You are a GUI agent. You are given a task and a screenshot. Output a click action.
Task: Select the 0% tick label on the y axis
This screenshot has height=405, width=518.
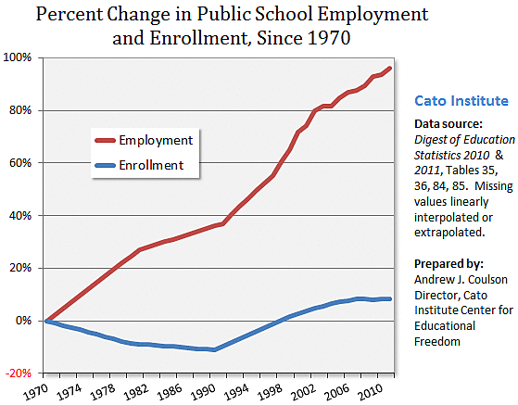coord(26,321)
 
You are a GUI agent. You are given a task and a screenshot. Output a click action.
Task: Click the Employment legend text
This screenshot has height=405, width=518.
coord(155,140)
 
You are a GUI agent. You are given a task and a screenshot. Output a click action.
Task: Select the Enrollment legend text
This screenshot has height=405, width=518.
coord(152,166)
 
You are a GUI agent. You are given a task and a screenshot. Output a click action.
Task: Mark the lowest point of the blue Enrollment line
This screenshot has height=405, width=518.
coord(214,349)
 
